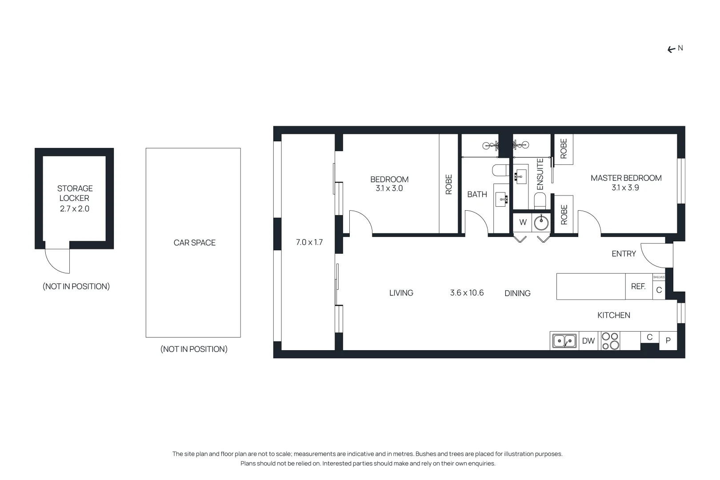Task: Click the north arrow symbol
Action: [672, 50]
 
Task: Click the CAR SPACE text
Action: [194, 243]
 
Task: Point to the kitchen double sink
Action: [564, 341]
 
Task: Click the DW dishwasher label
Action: [588, 341]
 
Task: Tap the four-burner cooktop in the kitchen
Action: [610, 341]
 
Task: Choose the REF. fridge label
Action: [638, 287]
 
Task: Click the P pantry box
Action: [668, 341]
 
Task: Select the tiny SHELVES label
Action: [659, 277]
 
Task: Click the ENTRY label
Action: [624, 254]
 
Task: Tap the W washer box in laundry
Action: [523, 222]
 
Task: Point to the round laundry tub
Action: [541, 223]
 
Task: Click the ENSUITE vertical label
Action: [540, 174]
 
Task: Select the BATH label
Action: [477, 194]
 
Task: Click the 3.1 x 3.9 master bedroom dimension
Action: [625, 188]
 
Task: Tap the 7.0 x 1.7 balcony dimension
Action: [309, 242]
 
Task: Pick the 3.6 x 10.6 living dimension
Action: [467, 293]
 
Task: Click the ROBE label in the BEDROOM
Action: [448, 184]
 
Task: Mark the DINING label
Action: [517, 293]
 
